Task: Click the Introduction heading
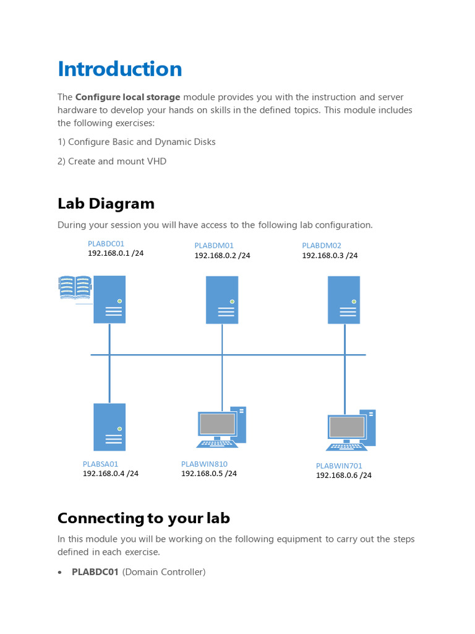(x=120, y=69)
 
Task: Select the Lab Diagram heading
(x=106, y=204)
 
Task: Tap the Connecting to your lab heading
(x=143, y=518)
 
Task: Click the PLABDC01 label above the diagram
(x=106, y=244)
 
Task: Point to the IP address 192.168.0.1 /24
(x=116, y=253)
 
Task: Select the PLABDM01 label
(x=214, y=246)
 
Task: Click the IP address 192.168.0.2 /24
(x=223, y=255)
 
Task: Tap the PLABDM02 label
(x=322, y=246)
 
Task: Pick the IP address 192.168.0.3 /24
(x=330, y=255)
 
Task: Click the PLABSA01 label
(x=100, y=464)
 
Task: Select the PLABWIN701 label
(x=339, y=466)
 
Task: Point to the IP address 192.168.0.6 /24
(x=344, y=475)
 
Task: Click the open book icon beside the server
(x=75, y=288)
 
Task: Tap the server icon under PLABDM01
(x=222, y=300)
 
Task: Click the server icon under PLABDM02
(x=344, y=300)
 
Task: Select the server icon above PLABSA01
(x=109, y=427)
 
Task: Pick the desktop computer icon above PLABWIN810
(x=221, y=427)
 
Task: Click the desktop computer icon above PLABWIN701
(x=351, y=430)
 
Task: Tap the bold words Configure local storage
(x=128, y=97)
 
